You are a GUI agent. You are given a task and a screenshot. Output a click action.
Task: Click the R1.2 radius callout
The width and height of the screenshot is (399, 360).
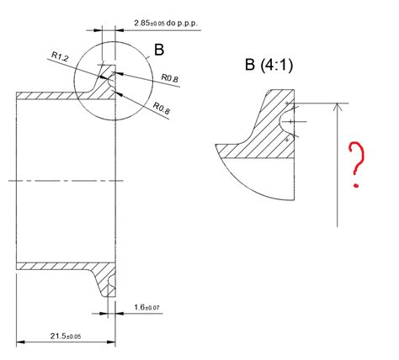point(60,56)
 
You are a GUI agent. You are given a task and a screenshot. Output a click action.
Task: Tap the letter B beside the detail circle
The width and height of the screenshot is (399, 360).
point(158,50)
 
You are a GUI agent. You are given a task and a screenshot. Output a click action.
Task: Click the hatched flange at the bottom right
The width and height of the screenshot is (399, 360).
point(108,282)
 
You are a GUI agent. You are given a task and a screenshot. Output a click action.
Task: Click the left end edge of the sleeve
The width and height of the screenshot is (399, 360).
point(18,180)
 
